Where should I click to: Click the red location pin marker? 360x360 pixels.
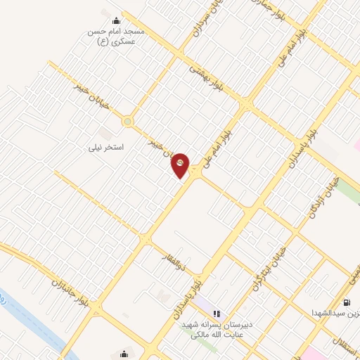[x=181, y=165]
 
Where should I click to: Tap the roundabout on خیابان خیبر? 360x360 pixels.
[x=127, y=122]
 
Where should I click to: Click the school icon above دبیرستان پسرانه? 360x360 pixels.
[x=217, y=312]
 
